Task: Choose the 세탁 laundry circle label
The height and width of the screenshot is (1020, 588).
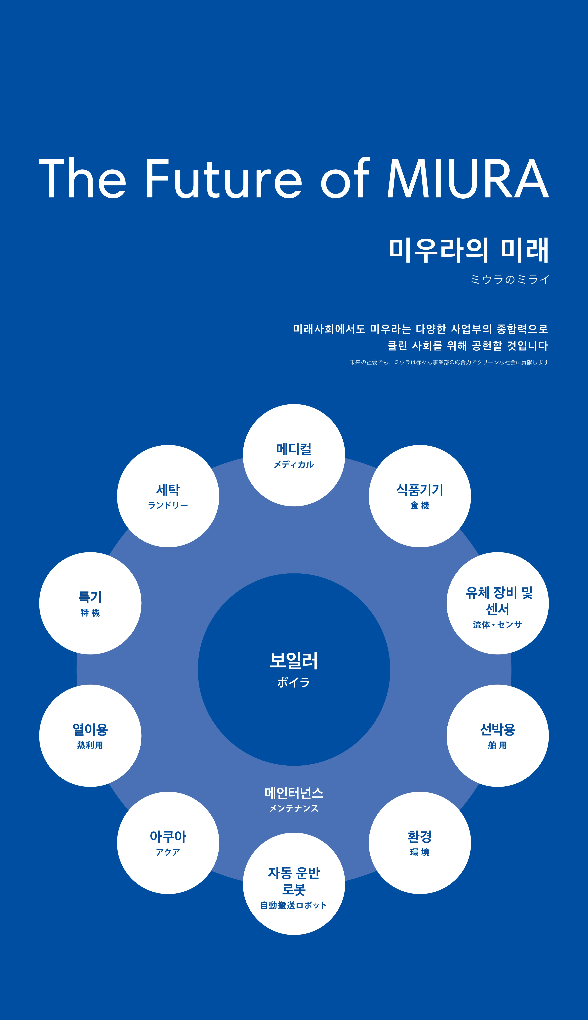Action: tap(168, 490)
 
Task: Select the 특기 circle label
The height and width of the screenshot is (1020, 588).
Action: tap(90, 597)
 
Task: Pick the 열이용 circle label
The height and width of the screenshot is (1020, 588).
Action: tap(90, 729)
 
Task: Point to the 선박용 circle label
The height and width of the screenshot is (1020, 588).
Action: tap(498, 729)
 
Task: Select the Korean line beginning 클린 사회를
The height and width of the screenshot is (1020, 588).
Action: tap(467, 346)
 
